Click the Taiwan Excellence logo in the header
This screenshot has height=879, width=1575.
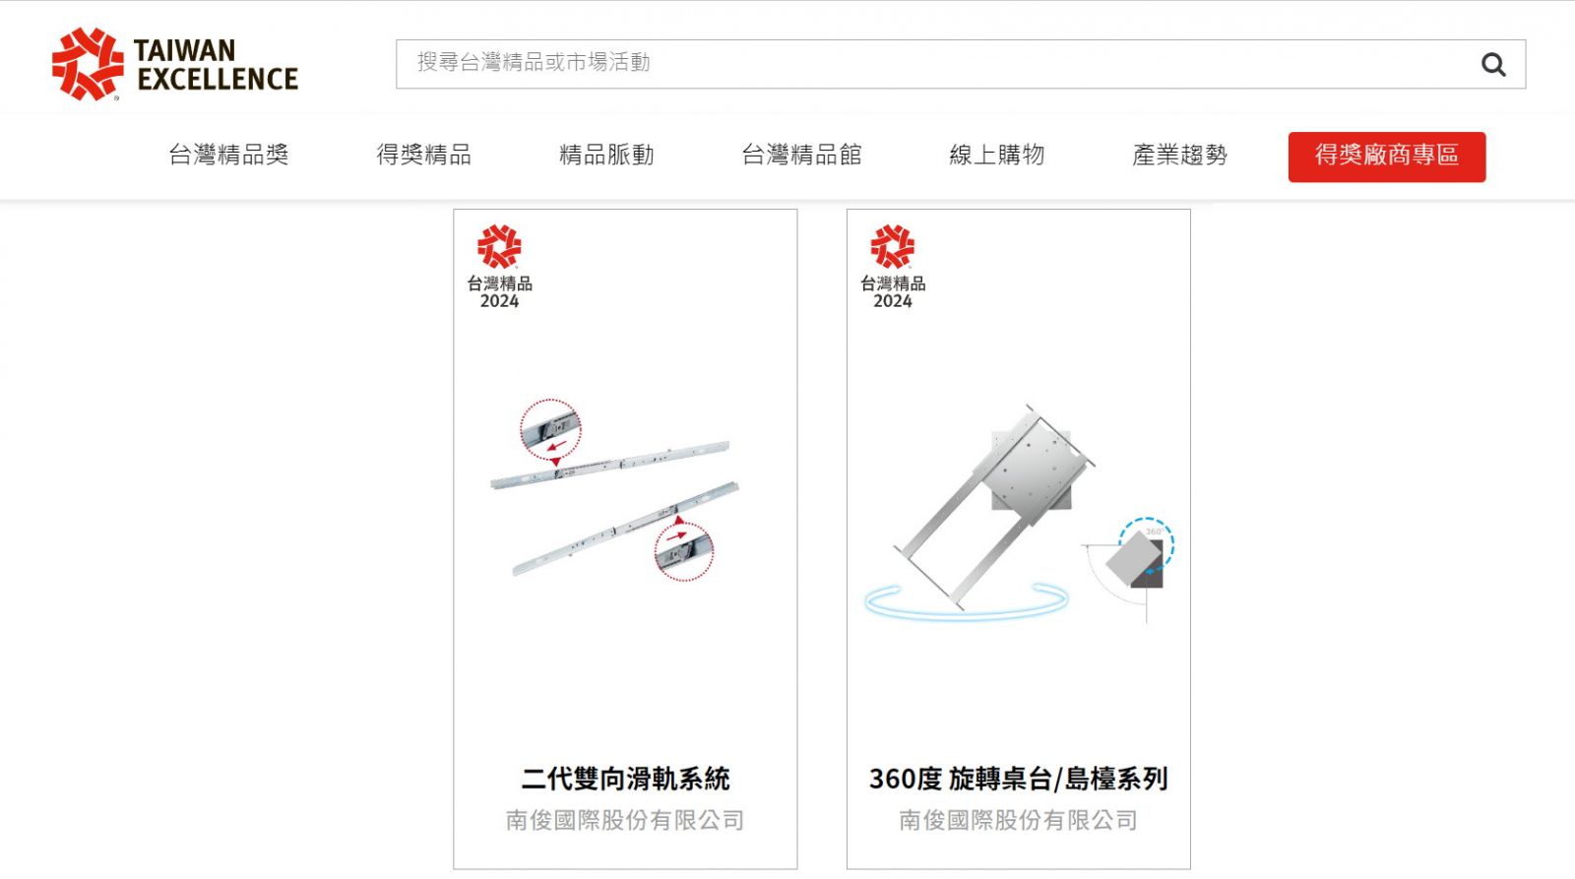(x=175, y=64)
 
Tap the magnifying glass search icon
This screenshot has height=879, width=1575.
(x=1493, y=65)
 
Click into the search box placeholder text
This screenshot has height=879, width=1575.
(x=534, y=63)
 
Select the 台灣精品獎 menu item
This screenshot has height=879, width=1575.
(x=228, y=155)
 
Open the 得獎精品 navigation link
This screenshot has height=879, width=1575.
(x=424, y=155)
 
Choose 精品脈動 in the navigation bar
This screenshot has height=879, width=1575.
(x=606, y=155)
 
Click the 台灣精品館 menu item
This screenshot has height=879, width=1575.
(x=801, y=155)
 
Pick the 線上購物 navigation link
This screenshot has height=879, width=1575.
(x=997, y=155)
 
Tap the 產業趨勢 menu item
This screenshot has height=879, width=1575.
(x=1180, y=155)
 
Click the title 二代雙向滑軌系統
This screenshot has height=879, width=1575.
(x=625, y=780)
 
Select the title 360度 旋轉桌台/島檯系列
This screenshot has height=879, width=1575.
(x=1018, y=780)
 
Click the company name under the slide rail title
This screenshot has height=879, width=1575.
(x=625, y=820)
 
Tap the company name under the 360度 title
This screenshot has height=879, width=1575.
(x=1018, y=820)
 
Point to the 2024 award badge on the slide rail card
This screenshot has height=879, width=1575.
(x=499, y=267)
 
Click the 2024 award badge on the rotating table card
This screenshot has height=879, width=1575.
(x=892, y=267)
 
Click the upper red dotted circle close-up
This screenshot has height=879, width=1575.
(x=550, y=429)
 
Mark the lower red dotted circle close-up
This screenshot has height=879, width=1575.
(x=684, y=551)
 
